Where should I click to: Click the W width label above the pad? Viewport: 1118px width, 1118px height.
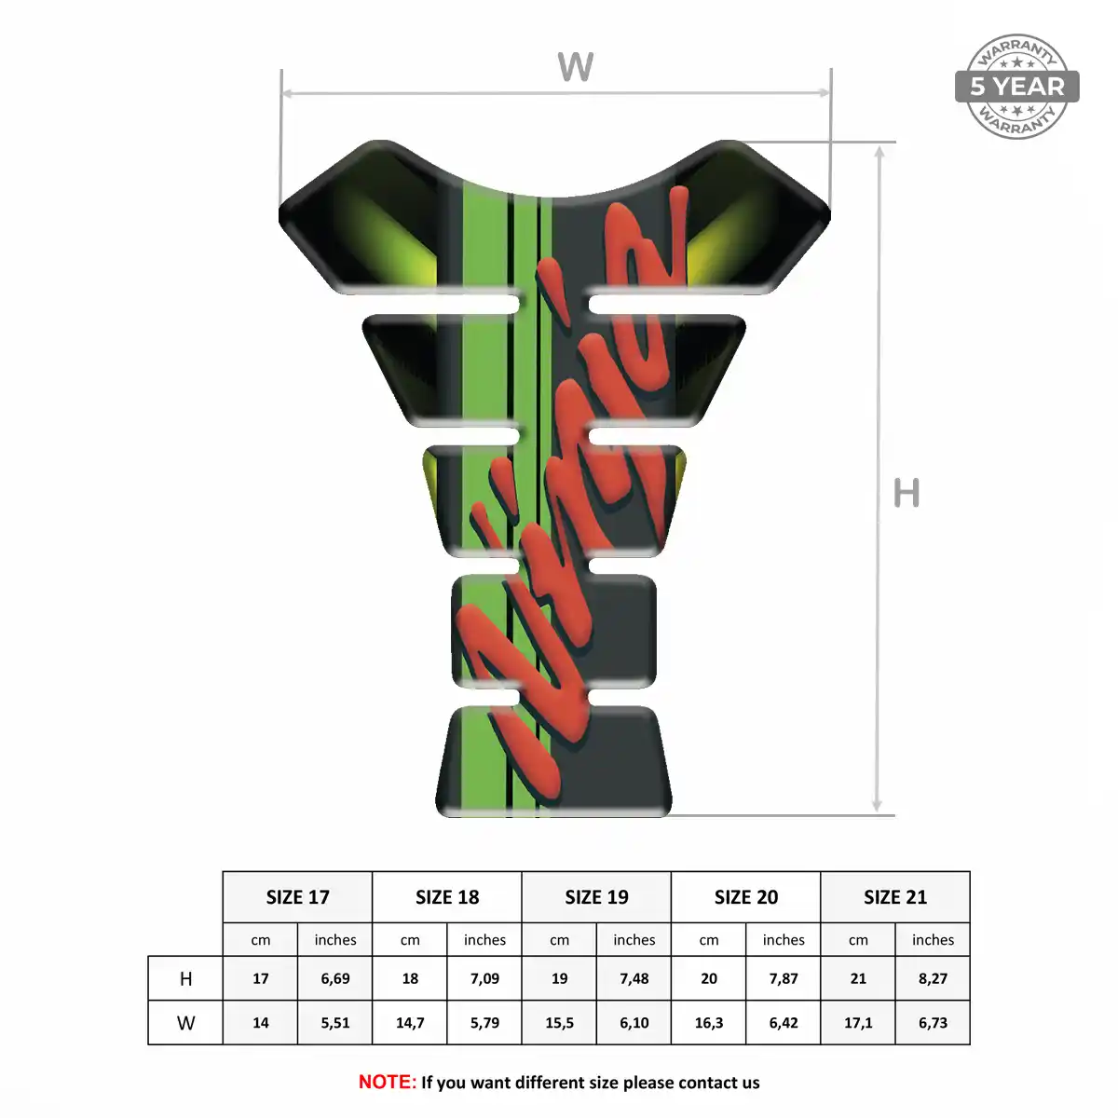(x=575, y=67)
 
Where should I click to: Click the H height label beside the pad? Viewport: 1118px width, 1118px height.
(x=907, y=493)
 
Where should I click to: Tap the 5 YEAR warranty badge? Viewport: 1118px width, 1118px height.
(x=1016, y=87)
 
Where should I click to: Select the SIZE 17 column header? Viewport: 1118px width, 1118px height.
(x=297, y=897)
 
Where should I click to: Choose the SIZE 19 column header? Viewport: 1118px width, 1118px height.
(x=596, y=897)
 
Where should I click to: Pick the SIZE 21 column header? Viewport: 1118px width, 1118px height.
(x=895, y=897)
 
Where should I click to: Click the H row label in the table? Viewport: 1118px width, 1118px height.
(x=185, y=979)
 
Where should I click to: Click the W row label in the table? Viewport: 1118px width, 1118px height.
(x=185, y=1023)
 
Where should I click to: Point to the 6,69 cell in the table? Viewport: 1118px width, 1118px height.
(x=335, y=979)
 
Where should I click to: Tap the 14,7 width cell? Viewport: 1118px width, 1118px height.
(x=410, y=1023)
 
